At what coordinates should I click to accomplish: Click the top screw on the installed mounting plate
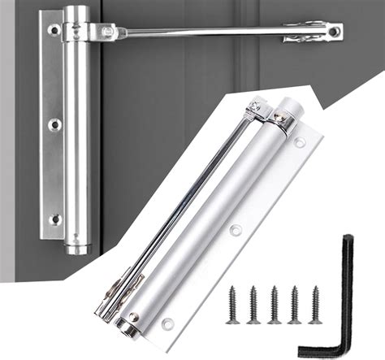point(54,31)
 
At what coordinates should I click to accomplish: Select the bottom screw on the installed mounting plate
point(54,219)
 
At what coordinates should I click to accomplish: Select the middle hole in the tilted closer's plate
point(236,230)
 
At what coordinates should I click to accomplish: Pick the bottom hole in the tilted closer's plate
point(168,323)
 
